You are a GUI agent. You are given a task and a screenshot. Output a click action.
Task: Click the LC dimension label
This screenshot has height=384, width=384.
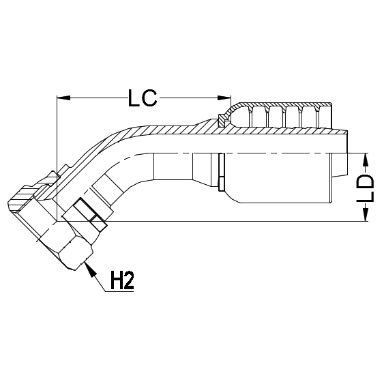(143, 100)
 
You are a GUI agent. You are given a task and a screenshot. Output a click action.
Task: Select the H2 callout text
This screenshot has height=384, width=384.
(121, 280)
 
